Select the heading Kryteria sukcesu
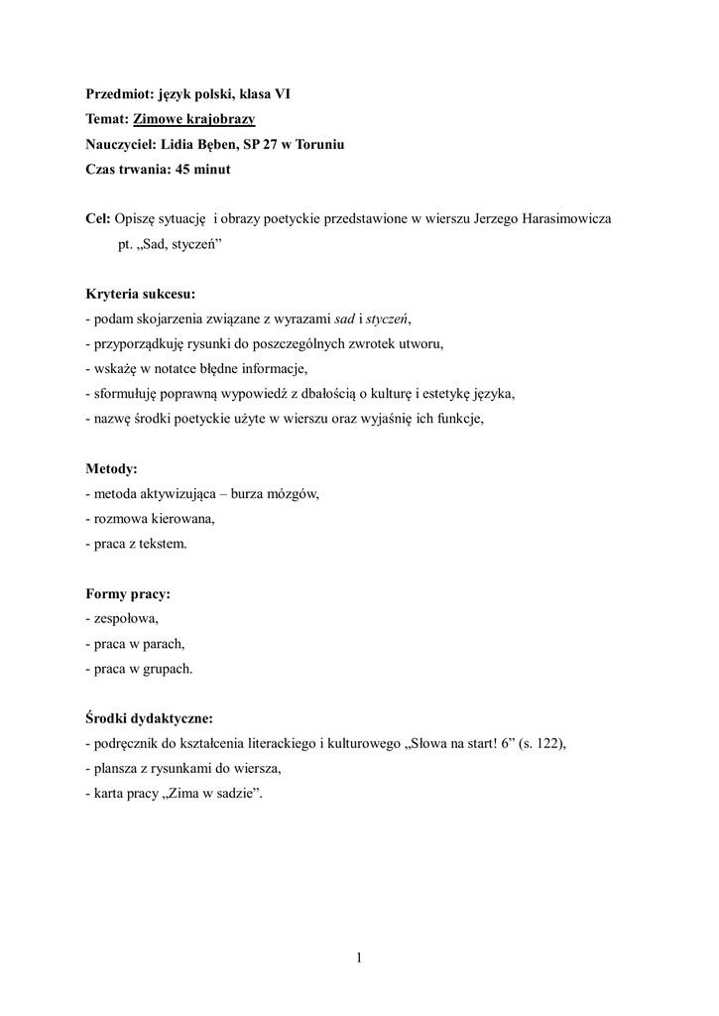pos(140,294)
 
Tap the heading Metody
pos(111,467)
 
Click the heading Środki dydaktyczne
pos(149,717)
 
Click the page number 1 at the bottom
pos(359,957)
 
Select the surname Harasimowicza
pos(568,219)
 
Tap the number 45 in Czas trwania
pos(184,170)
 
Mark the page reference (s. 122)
pos(539,743)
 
